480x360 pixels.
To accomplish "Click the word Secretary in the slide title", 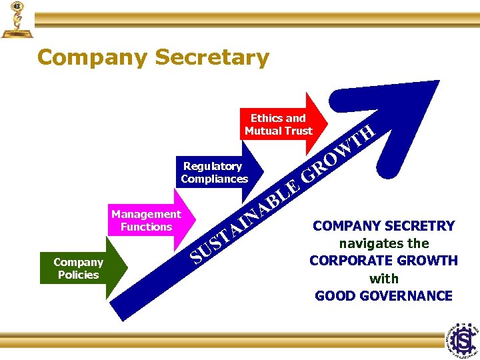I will [x=211, y=57].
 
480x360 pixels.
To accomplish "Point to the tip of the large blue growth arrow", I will [x=437, y=84].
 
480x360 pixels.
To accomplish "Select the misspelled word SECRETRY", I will [x=420, y=226].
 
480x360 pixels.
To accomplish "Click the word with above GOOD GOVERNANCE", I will [x=383, y=279].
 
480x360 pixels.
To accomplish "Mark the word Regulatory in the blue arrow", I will [x=213, y=166].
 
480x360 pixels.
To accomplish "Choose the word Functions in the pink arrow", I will [x=147, y=227].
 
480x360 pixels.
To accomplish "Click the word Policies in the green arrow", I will [x=78, y=275].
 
